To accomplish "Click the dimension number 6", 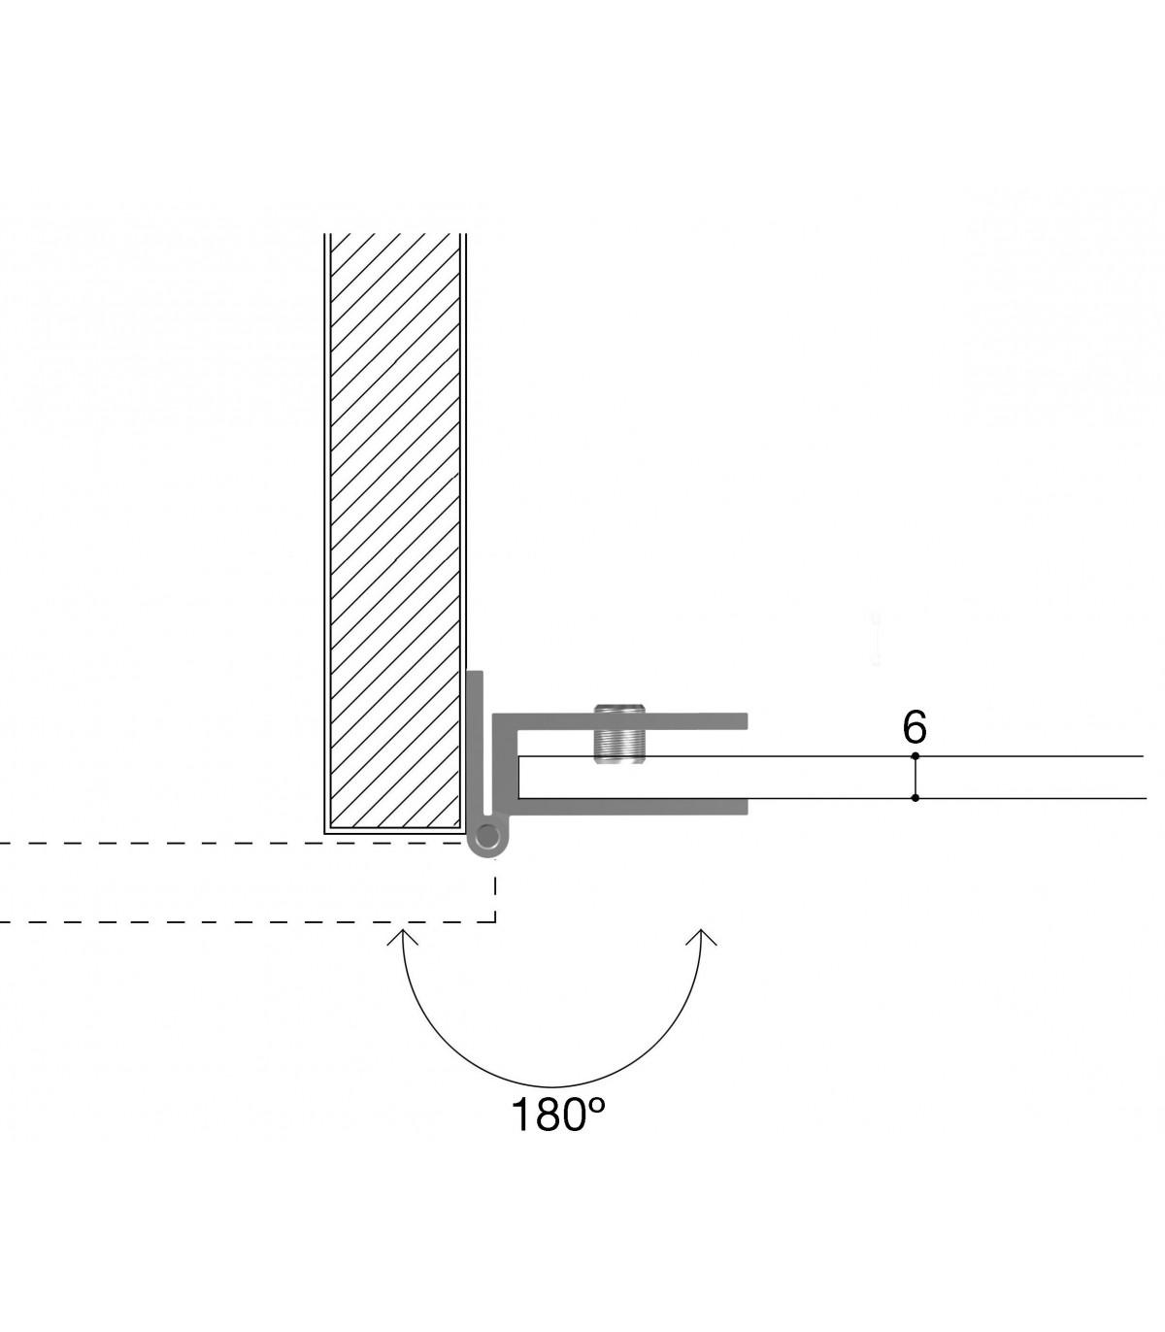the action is pyautogui.click(x=914, y=728).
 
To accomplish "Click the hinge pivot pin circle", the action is pyautogui.click(x=487, y=835).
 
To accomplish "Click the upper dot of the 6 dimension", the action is pyautogui.click(x=915, y=756).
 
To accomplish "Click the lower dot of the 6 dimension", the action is pyautogui.click(x=915, y=797).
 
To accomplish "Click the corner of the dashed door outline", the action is pyautogui.click(x=495, y=922).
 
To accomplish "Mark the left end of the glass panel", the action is pyautogui.click(x=518, y=777).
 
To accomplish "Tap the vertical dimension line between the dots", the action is pyautogui.click(x=915, y=777).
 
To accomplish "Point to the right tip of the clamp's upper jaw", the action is pyautogui.click(x=748, y=721).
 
